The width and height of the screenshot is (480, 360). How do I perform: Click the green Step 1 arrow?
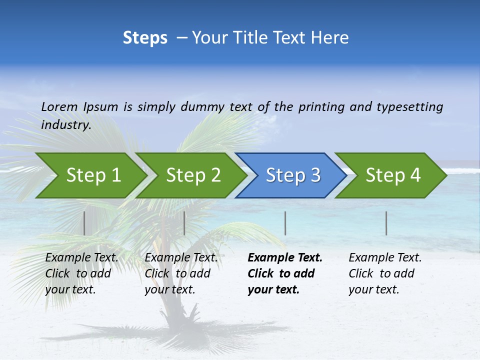[x=90, y=175]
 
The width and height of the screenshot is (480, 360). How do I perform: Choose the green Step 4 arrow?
[x=392, y=175]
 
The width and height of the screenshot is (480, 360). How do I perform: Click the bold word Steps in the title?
[x=145, y=38]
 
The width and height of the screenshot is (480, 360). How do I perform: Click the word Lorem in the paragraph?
[x=59, y=107]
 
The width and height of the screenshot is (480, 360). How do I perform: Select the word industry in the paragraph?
[x=65, y=125]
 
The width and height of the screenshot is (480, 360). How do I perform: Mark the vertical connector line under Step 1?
[x=84, y=223]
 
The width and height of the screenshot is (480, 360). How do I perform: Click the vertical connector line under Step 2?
[x=184, y=223]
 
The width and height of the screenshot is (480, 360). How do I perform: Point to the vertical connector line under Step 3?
[x=285, y=223]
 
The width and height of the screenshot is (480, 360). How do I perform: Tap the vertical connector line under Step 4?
[x=386, y=223]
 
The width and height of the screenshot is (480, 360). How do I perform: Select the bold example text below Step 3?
[x=284, y=273]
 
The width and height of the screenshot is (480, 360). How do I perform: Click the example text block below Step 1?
[x=81, y=273]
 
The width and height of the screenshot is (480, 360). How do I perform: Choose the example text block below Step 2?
[x=180, y=273]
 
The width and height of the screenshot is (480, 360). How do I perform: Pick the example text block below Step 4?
[x=384, y=273]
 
